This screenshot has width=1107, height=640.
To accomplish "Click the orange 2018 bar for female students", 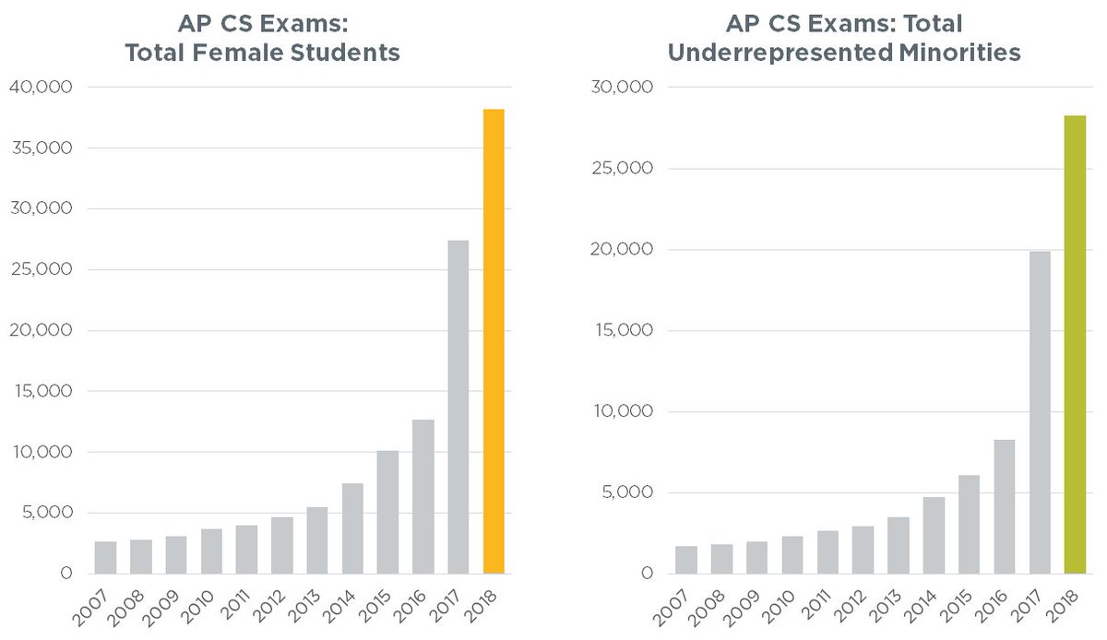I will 494,341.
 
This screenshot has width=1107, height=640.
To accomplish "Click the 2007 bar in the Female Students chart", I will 106,558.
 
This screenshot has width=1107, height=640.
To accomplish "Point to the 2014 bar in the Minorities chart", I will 934,535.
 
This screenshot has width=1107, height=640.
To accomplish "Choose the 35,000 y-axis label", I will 39,148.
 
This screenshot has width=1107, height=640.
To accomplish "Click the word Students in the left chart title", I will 345,53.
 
